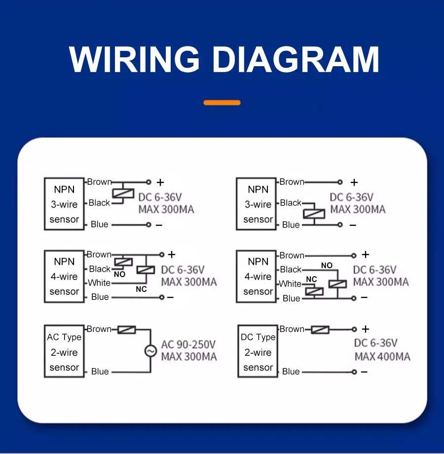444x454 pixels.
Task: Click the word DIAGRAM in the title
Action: (x=296, y=60)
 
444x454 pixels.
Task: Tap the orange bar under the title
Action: (x=222, y=103)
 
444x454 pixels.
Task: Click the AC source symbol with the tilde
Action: (x=150, y=351)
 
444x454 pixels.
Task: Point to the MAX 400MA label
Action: (x=382, y=357)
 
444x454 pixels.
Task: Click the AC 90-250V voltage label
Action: (x=188, y=344)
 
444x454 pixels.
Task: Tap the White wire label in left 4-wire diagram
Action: (x=99, y=283)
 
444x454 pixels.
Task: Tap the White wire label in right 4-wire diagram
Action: (x=290, y=284)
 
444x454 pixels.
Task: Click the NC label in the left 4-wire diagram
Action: (x=141, y=289)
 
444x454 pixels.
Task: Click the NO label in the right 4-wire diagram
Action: (x=327, y=265)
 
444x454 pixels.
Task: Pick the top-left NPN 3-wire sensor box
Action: (x=64, y=204)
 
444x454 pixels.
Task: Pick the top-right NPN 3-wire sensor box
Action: (x=258, y=204)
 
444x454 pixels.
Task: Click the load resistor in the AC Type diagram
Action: (x=127, y=330)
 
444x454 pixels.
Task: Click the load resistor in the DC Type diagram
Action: (x=320, y=330)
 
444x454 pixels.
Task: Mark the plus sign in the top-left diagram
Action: (x=160, y=182)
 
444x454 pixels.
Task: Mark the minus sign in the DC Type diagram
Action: (x=364, y=371)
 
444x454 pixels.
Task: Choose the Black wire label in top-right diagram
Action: (x=291, y=203)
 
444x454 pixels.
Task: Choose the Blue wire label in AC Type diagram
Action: (x=100, y=371)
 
